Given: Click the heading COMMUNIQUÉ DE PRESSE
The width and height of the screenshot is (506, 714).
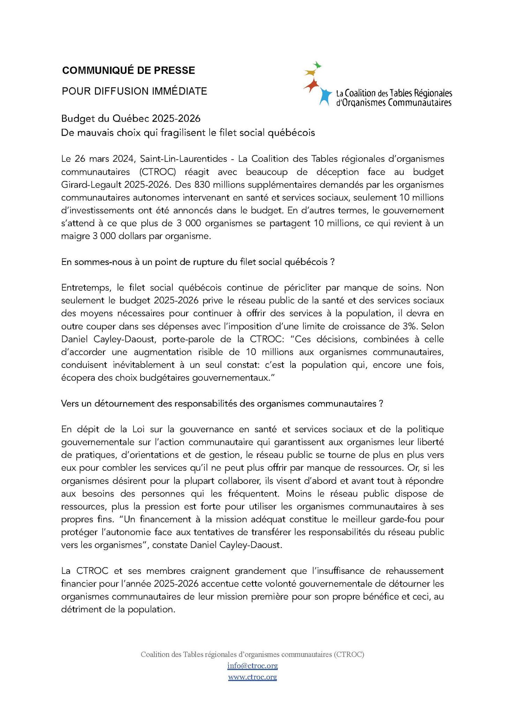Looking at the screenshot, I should click(x=128, y=70).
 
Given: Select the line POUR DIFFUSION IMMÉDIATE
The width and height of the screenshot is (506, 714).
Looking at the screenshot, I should click(x=134, y=91).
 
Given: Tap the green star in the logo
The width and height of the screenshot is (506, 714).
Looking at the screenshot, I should click(x=317, y=65).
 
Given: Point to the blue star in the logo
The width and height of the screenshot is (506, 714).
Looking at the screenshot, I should click(x=325, y=96).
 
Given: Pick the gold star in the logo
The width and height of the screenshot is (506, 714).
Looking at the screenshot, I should click(x=310, y=73).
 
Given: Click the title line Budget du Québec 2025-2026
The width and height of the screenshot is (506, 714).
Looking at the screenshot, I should click(x=131, y=119).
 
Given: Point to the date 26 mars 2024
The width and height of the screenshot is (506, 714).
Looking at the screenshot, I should click(x=104, y=159).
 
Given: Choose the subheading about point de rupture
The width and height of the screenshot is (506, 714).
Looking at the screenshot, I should click(x=198, y=262).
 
